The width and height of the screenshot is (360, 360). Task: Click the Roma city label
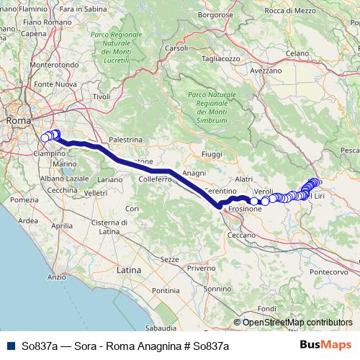[17, 121]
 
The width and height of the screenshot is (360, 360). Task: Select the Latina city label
[130, 270]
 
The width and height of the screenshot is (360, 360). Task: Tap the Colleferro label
[154, 178]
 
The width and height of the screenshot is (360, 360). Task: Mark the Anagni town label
[195, 174]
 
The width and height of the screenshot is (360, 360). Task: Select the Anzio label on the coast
[56, 276]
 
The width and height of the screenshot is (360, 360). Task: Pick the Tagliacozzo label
[220, 58]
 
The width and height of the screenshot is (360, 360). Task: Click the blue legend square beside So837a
[8, 346]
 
